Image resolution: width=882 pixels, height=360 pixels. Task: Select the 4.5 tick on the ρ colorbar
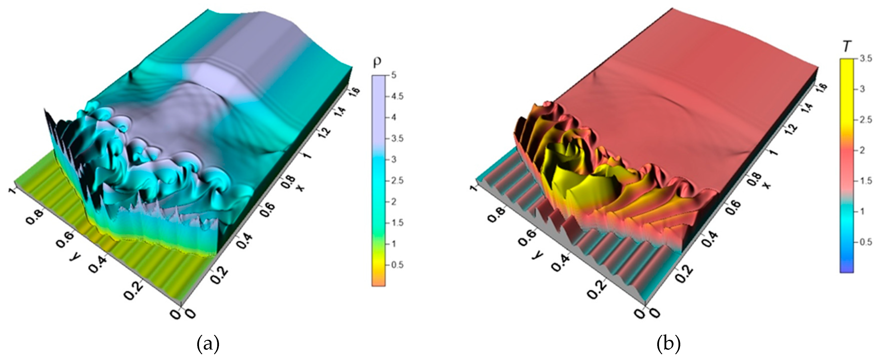pos(397,97)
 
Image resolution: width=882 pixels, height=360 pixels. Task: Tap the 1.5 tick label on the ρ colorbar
pos(397,223)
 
